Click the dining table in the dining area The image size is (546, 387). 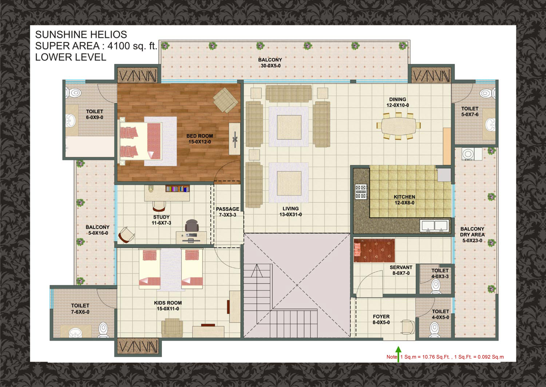point(399,126)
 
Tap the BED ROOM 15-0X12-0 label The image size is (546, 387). point(199,139)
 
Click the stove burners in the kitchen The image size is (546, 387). point(361,191)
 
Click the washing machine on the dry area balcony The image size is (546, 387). point(468,154)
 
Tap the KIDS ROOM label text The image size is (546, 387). point(168,303)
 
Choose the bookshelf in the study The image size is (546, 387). point(178,189)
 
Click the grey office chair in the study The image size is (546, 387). point(191,225)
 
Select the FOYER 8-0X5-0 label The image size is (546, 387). point(381,319)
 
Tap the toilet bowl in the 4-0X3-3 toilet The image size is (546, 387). point(436,287)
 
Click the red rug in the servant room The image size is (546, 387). point(374,250)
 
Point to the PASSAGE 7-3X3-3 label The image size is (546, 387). point(227,212)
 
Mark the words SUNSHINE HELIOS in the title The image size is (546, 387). point(81,35)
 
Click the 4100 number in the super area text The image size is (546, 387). point(118,46)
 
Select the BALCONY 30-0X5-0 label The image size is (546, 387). point(270,63)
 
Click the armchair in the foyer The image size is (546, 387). point(408,327)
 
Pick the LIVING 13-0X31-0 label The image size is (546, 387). point(290,212)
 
